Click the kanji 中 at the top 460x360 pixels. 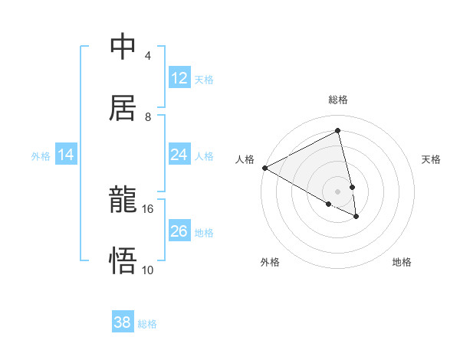pos(123,47)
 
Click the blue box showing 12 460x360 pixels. pos(179,78)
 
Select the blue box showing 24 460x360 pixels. pos(179,155)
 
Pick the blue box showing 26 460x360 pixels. pos(179,231)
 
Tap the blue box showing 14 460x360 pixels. pos(66,155)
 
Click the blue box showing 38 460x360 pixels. pos(123,322)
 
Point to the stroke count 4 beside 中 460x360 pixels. pos(147,56)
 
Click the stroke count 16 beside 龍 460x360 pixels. pos(147,208)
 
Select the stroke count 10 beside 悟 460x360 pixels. pos(147,270)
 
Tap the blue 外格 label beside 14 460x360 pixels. pos(41,156)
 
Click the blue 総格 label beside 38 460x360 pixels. pos(147,324)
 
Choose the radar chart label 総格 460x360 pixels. pos(338,100)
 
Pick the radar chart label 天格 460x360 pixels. pos(431,159)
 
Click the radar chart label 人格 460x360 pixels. pos(245,159)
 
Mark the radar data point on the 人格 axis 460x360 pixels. pos(264,168)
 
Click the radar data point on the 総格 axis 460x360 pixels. pos(338,131)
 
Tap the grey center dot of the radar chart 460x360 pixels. pos(338,191)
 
